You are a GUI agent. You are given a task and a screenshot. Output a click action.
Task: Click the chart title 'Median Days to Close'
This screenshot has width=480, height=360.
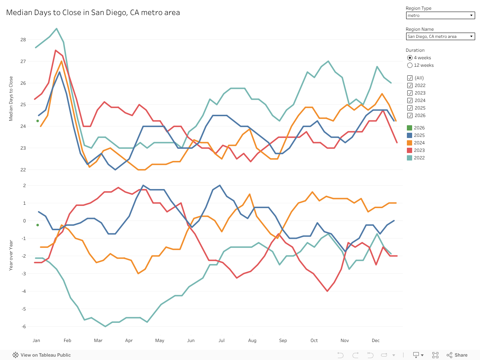coord(93,13)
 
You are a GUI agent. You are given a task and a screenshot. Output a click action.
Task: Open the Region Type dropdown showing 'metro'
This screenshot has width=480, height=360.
coord(440,15)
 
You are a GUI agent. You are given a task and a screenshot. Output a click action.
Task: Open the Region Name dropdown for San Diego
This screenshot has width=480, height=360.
coord(440,36)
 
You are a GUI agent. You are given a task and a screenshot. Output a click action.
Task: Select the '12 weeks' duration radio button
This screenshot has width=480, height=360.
coord(410,65)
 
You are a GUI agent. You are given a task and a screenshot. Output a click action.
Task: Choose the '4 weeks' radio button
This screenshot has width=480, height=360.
coord(410,58)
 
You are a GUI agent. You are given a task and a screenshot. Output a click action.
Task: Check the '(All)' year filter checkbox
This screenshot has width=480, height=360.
coord(410,78)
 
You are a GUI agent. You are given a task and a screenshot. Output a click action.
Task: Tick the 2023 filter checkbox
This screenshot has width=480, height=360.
coord(410,93)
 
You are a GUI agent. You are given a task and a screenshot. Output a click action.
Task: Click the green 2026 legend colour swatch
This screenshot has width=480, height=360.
coord(409,128)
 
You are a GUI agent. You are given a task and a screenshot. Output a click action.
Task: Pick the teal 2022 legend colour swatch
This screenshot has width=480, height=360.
coord(409,158)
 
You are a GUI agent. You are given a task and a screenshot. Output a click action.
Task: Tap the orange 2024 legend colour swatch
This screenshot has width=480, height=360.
coord(409,143)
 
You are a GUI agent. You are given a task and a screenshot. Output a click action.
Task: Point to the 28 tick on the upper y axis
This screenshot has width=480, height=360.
coord(23,40)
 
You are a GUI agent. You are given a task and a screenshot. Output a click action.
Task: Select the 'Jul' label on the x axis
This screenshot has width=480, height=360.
coord(222,340)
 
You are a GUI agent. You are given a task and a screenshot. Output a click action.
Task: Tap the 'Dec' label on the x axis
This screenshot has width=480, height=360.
coord(376,340)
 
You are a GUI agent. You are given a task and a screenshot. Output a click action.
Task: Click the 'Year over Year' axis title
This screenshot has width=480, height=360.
coord(11,255)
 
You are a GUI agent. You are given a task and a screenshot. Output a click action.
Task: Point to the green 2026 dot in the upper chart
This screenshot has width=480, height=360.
coord(37,121)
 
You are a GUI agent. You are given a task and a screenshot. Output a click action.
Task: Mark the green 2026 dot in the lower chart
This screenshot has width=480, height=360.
coord(37,225)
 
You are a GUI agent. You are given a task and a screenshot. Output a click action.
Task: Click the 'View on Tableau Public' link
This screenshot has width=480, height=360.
coord(42,355)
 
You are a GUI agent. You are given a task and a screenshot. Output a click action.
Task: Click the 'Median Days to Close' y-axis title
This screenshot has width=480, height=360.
coord(11,99)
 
